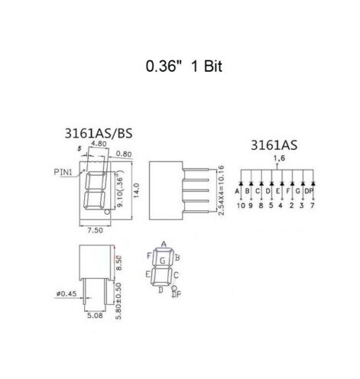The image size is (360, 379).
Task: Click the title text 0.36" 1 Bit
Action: [180, 66]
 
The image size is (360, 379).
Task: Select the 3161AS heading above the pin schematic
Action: [273, 145]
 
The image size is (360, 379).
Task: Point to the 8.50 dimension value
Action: [118, 264]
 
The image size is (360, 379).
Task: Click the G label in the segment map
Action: [162, 262]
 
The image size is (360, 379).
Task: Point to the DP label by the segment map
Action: [177, 293]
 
